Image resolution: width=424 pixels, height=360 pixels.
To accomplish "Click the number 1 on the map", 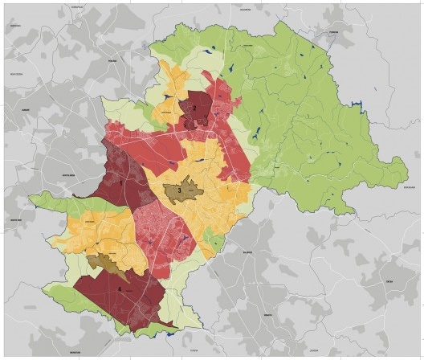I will tap(121, 183).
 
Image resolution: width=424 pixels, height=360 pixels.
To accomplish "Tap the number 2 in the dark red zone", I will tap(194, 108).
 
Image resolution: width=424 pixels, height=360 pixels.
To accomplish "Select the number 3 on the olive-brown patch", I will tap(179, 190).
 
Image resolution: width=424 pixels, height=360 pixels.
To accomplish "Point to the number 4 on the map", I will tap(121, 288).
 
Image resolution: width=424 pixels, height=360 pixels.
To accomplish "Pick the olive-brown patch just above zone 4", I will tap(103, 262).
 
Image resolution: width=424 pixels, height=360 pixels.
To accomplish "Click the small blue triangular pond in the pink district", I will tap(184, 239).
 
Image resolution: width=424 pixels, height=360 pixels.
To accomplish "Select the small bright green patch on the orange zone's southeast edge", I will tap(210, 237).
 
